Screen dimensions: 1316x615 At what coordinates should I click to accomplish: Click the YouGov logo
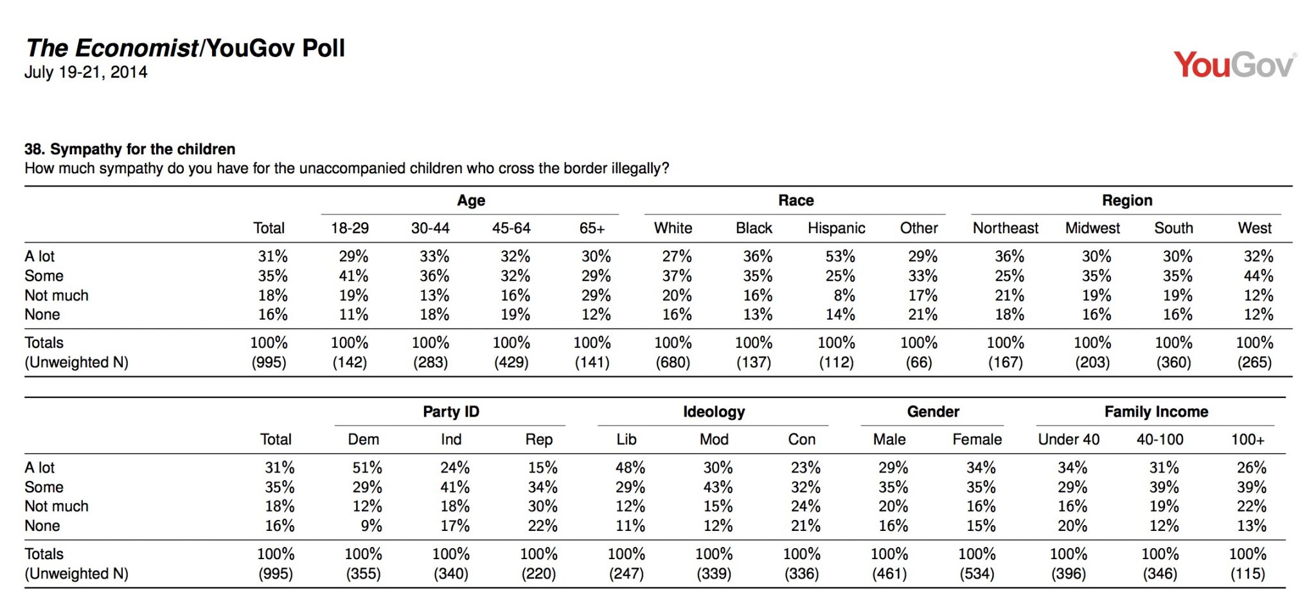1234,65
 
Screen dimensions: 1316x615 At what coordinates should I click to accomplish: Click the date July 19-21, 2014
86,72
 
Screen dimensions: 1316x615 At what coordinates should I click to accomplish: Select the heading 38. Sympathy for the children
130,149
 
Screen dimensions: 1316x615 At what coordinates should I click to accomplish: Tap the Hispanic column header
836,228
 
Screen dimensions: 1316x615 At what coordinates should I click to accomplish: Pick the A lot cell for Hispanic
840,256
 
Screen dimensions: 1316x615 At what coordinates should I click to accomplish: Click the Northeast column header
1005,228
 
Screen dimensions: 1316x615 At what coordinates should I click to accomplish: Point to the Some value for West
1258,275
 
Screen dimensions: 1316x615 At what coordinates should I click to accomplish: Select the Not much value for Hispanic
844,295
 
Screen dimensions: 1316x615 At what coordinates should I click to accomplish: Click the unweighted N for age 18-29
350,362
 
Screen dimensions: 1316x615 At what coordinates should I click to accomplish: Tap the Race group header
796,200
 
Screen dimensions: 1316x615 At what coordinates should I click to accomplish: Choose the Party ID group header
451,411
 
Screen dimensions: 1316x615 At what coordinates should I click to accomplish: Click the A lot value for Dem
367,467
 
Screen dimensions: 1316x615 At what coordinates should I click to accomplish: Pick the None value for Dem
371,526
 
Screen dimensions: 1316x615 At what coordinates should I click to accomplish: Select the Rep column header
538,439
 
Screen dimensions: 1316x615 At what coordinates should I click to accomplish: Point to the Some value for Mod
718,487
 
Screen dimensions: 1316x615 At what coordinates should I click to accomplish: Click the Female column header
977,439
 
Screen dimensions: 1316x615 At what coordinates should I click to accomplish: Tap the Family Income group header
1156,411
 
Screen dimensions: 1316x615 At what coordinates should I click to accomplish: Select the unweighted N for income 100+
1247,573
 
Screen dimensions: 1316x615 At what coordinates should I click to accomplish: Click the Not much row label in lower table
57,506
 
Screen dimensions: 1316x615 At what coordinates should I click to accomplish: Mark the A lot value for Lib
630,467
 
